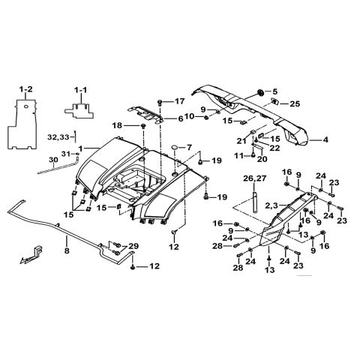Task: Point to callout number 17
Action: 180,101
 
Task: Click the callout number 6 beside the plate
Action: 180,118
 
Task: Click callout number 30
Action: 31,160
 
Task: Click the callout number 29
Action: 133,247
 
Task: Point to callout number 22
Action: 274,148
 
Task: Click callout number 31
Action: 64,154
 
